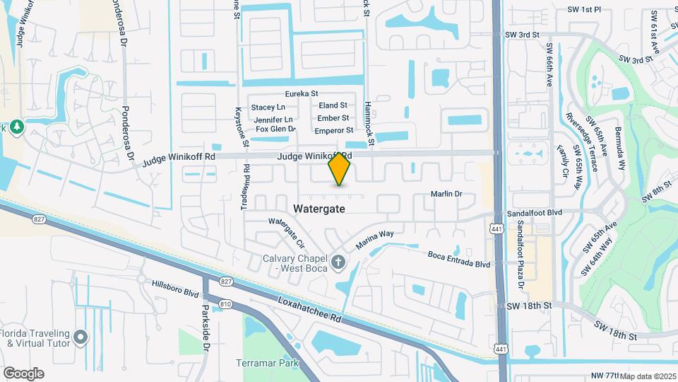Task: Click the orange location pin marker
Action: point(340,168)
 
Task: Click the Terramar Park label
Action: point(268,364)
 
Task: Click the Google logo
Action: point(23,374)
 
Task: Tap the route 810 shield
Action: point(225,303)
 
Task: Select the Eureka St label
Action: point(302,93)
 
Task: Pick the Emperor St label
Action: point(334,130)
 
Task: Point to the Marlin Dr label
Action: point(446,194)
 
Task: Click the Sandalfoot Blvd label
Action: point(535,213)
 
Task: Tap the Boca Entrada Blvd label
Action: point(459,259)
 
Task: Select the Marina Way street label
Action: point(374,238)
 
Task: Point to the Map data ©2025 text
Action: point(648,376)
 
